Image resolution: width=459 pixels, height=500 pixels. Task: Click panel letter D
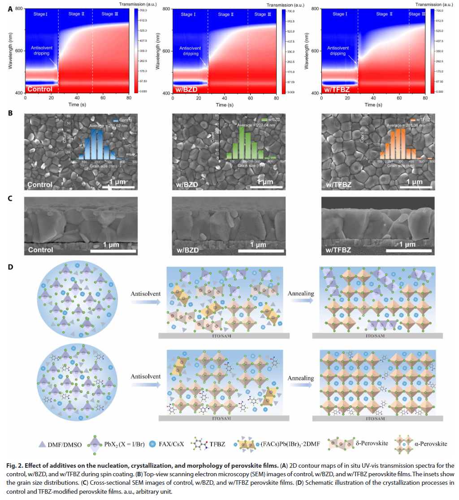[x=10, y=267]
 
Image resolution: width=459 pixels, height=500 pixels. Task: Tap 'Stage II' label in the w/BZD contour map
[x=226, y=15]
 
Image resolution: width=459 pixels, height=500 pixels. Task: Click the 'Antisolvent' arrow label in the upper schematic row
[x=146, y=294]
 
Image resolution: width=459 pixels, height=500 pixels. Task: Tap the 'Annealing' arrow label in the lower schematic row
[x=301, y=378]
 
